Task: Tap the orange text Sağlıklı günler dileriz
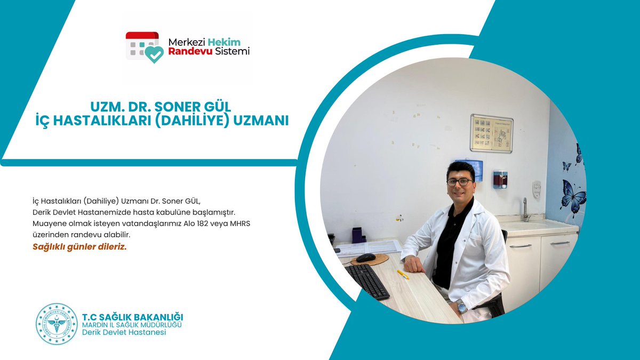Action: pos(79,247)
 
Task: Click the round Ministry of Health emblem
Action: pos(57,324)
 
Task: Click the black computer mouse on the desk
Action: pos(366,258)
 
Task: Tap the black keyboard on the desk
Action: pos(366,281)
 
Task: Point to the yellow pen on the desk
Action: pos(403,274)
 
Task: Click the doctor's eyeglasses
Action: pos(459,181)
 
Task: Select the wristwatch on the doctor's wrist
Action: pos(461,307)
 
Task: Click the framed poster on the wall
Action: pos(491,133)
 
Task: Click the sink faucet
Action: pos(526,209)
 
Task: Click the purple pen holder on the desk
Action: pos(357,235)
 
